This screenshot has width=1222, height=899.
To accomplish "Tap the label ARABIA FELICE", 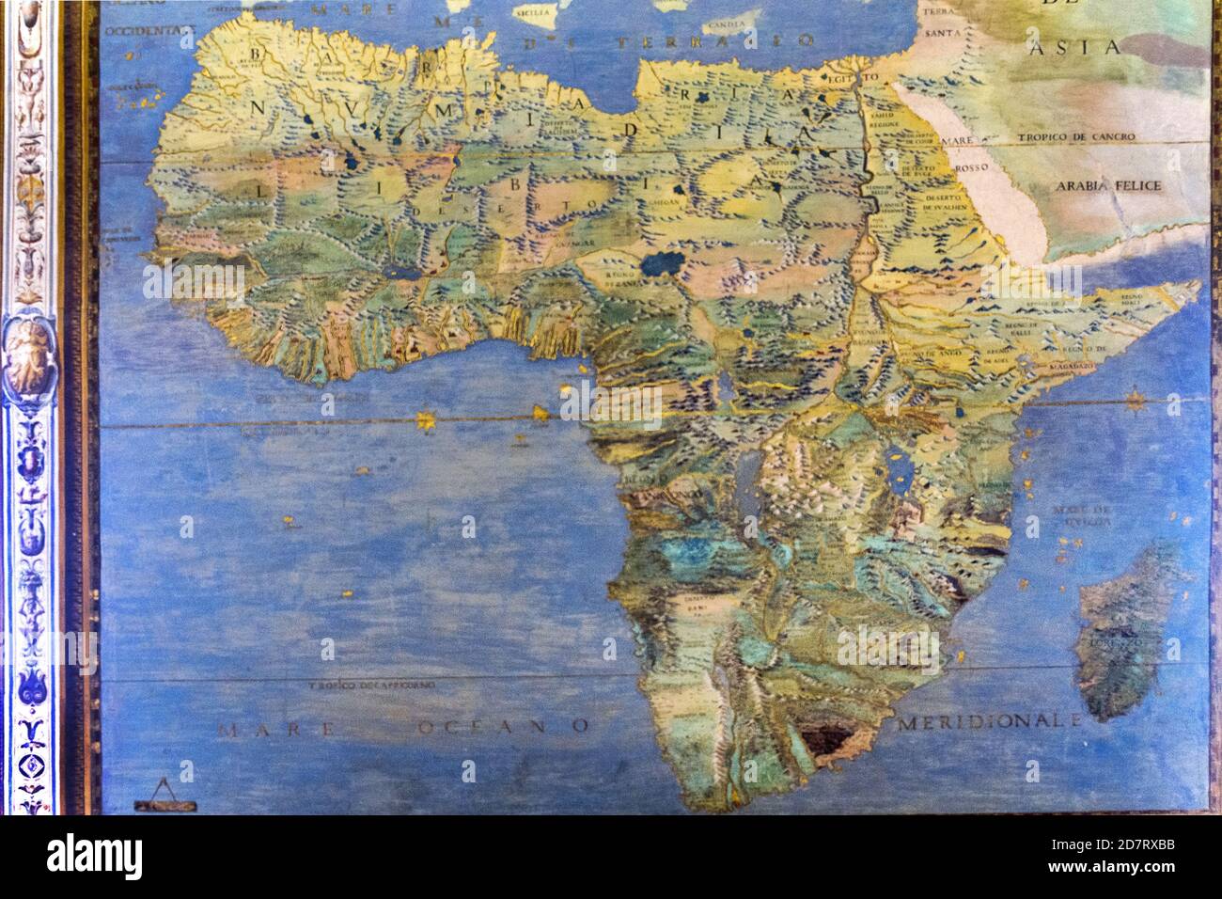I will (1108, 185).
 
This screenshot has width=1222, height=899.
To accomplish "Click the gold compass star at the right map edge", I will (1136, 402).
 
